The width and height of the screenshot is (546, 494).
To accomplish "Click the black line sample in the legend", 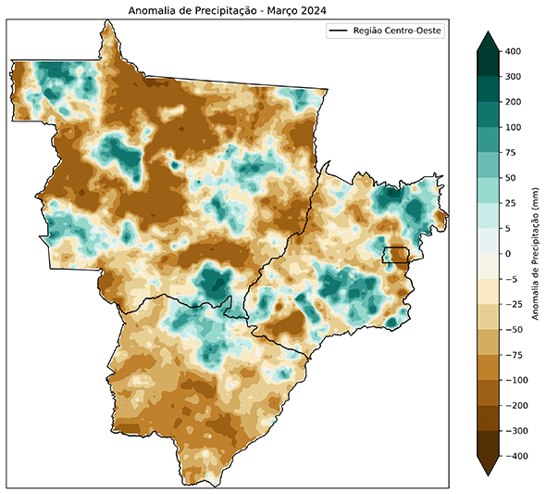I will tap(341, 31).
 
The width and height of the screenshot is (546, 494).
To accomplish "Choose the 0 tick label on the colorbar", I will tap(510, 253).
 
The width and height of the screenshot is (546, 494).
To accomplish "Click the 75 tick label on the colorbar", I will tap(513, 152).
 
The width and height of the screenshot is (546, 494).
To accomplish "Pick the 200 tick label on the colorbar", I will tap(515, 102).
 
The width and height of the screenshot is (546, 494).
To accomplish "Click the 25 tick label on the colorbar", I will tap(513, 203).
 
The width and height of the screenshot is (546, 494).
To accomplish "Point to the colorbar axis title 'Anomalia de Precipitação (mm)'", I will tap(536, 253).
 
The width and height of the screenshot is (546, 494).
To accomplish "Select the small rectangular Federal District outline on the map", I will tap(396, 256).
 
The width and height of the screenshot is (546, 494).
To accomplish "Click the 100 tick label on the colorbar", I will tap(515, 127).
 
